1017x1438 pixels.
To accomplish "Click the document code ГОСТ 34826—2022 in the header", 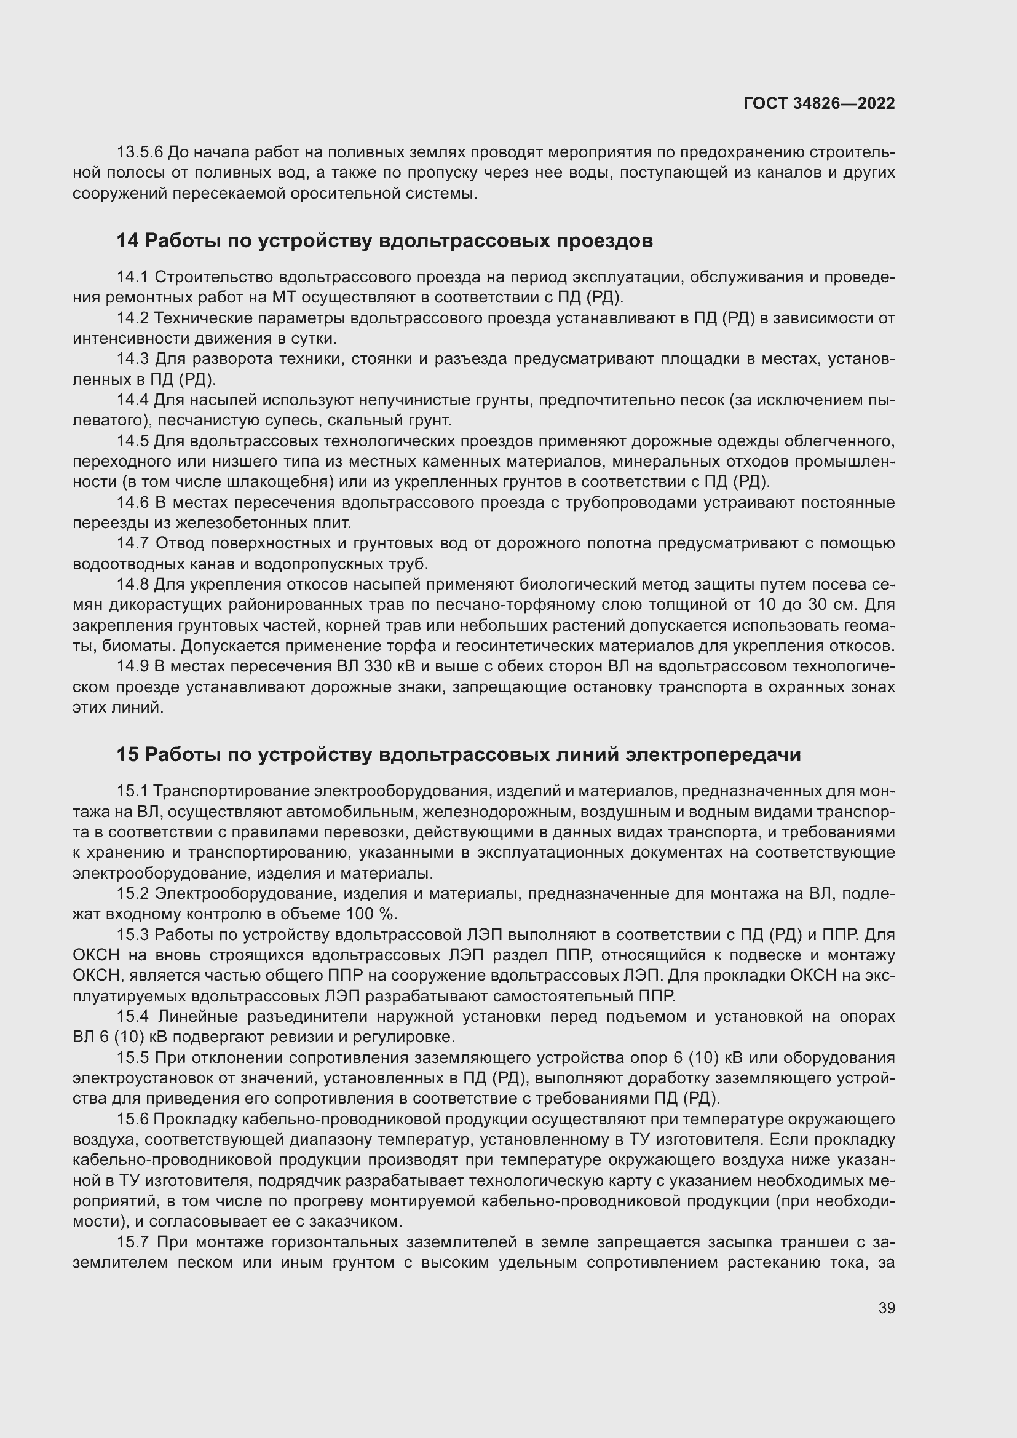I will [x=819, y=103].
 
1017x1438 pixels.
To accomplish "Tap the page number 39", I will [x=887, y=1308].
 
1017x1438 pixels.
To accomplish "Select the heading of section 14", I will [x=384, y=240].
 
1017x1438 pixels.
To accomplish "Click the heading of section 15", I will [x=459, y=755].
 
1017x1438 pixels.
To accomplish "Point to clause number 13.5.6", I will [x=140, y=152].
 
